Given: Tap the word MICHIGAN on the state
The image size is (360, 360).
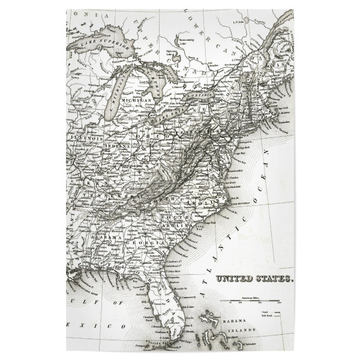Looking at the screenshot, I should (134, 100).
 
